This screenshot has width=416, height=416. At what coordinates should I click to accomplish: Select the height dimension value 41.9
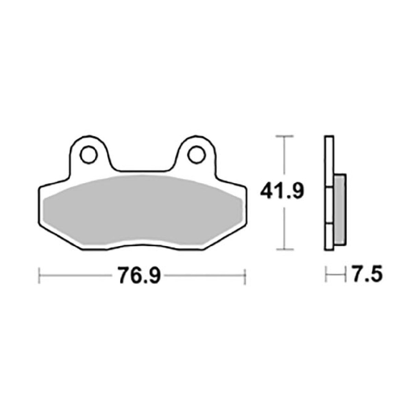(282, 192)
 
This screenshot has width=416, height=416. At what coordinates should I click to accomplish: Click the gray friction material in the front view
(144, 212)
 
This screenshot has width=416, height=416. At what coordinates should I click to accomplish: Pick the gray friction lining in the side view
(340, 209)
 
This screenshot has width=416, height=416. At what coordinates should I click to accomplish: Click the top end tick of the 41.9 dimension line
(284, 136)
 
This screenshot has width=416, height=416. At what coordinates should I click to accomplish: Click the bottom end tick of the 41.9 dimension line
(284, 249)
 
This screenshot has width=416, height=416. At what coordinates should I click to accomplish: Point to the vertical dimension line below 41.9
(284, 228)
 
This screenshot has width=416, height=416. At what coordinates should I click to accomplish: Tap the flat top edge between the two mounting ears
(142, 170)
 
